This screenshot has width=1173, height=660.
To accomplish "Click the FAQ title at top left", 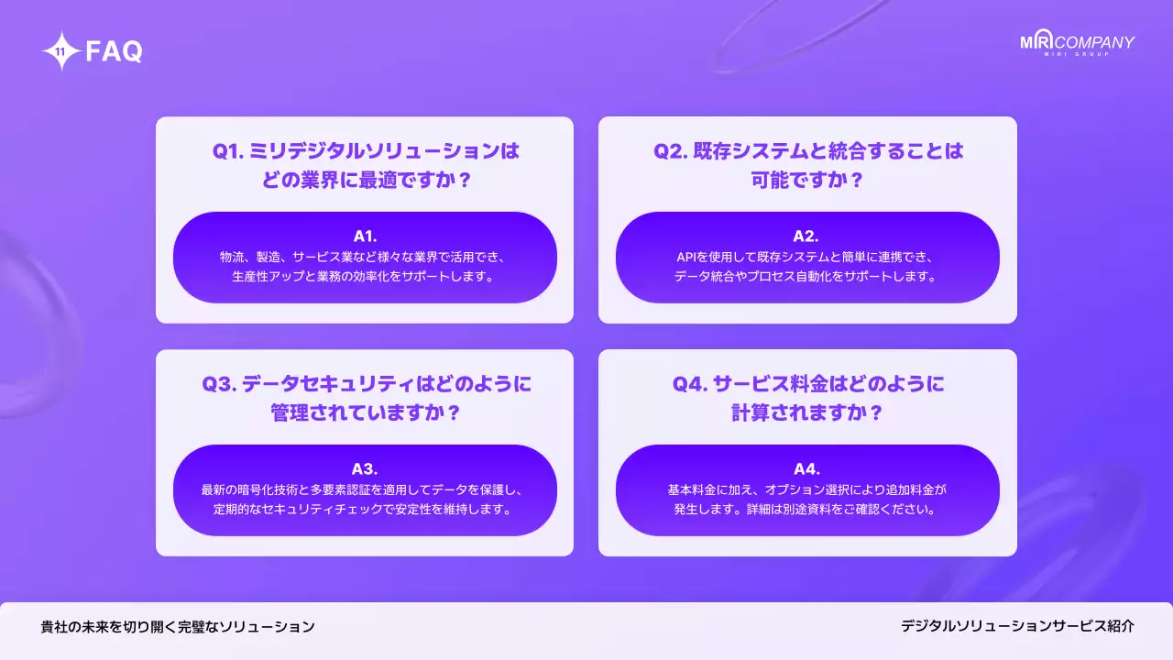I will click(x=114, y=52).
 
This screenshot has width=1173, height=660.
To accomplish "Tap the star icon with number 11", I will click(x=60, y=51).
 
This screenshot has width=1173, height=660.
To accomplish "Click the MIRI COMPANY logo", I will click(x=1077, y=44).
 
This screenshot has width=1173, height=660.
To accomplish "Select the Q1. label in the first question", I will click(x=227, y=151).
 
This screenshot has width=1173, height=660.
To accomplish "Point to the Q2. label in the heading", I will click(x=670, y=151).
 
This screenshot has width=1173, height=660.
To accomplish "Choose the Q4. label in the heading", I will click(x=689, y=383).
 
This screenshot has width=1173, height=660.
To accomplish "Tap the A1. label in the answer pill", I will click(x=365, y=236).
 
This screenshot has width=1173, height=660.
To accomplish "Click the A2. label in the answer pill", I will click(x=806, y=236).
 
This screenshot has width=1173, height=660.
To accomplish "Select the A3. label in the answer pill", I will click(x=365, y=468).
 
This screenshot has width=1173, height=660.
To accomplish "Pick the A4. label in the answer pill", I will click(x=806, y=468).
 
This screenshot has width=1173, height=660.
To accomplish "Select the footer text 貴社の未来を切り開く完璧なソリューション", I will click(x=178, y=627).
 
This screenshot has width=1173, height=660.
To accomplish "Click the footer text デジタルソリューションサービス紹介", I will click(x=1017, y=626).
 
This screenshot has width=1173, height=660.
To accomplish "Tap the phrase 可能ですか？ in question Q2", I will click(x=806, y=180).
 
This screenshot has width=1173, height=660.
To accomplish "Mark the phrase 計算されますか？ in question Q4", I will click(x=806, y=412).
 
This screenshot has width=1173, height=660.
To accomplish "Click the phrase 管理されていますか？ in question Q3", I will click(x=365, y=412).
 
